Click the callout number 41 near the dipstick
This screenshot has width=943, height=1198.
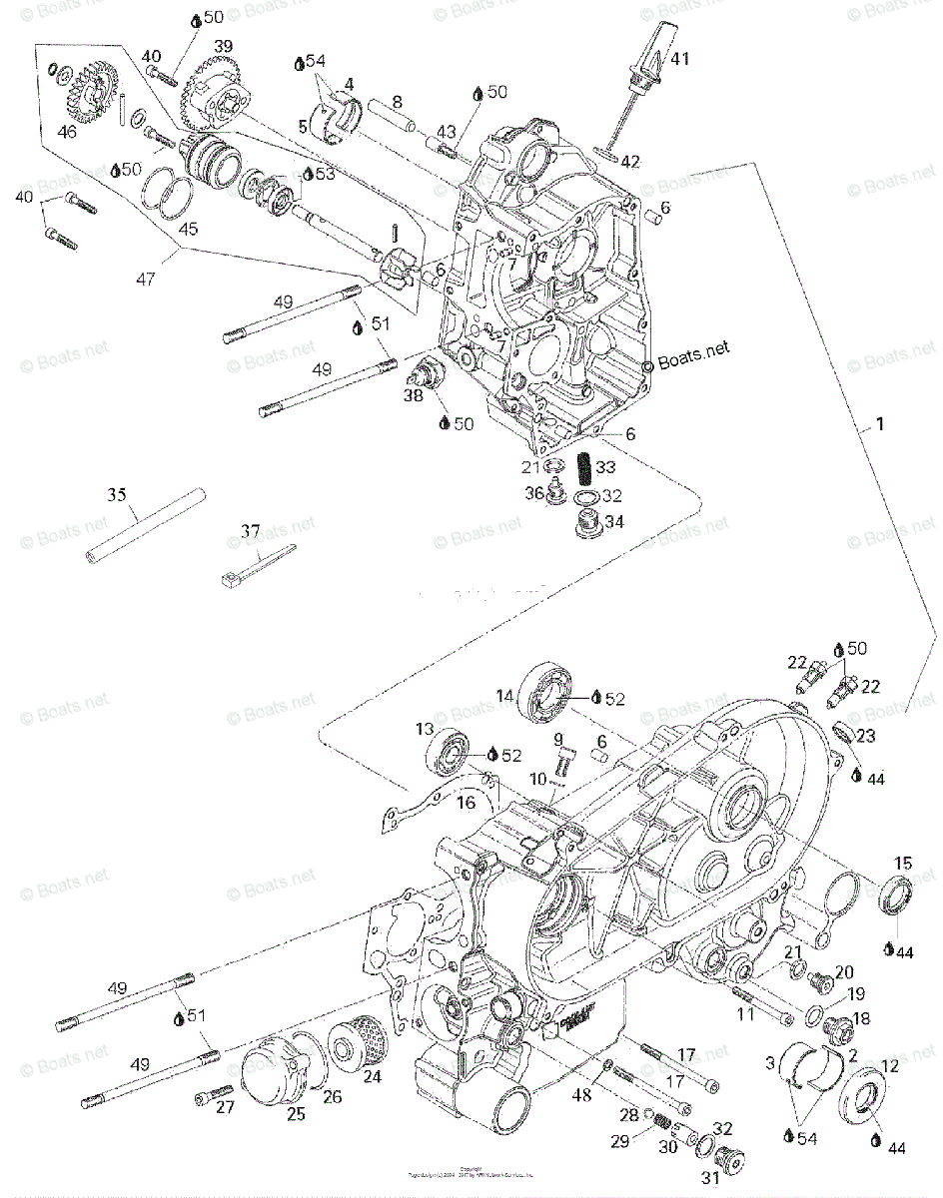pyautogui.click(x=680, y=59)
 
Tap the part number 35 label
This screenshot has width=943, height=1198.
pyautogui.click(x=118, y=494)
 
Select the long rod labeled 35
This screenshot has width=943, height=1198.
pyautogui.click(x=146, y=524)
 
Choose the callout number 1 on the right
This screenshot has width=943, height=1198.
pyautogui.click(x=879, y=423)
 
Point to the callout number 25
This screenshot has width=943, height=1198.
pyautogui.click(x=296, y=1114)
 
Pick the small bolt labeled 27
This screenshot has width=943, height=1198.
pyautogui.click(x=209, y=1097)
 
